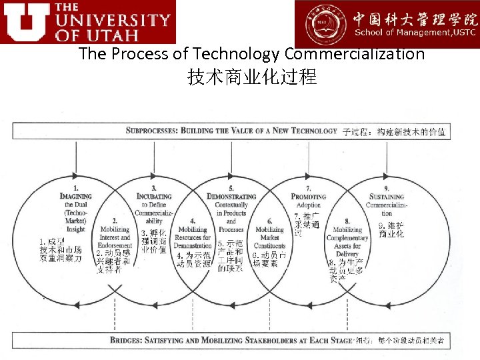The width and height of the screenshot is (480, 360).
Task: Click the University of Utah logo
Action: [x=88, y=22]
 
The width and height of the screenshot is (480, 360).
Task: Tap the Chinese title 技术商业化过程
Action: [x=252, y=77]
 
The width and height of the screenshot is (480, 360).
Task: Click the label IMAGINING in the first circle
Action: [x=76, y=197]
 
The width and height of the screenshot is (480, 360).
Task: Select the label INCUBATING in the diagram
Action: [x=154, y=197]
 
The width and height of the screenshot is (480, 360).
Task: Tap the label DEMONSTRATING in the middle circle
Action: [x=231, y=197]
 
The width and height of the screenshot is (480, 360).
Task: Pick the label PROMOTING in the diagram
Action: [x=309, y=197]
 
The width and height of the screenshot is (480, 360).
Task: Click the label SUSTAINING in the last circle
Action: [x=387, y=197]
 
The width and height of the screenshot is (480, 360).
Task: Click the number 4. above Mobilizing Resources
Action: [x=193, y=221]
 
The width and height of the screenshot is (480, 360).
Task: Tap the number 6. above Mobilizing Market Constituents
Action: [x=270, y=221]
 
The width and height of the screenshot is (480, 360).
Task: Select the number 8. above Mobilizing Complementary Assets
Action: [x=347, y=221]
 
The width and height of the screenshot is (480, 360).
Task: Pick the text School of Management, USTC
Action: [x=415, y=33]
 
